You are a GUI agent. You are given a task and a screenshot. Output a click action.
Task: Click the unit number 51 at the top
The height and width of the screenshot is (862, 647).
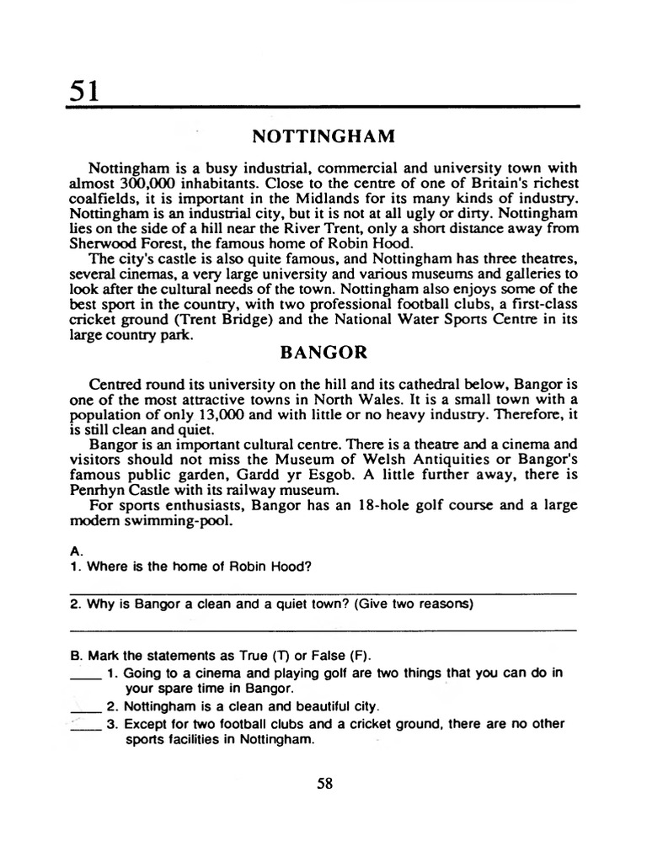tap(85, 89)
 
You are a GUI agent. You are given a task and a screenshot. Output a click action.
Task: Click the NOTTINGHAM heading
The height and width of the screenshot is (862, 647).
tap(313, 136)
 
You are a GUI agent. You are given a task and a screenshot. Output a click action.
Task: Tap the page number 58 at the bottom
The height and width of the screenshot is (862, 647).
tap(325, 783)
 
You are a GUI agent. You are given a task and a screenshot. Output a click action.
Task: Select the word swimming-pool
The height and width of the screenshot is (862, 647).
tap(179, 521)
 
